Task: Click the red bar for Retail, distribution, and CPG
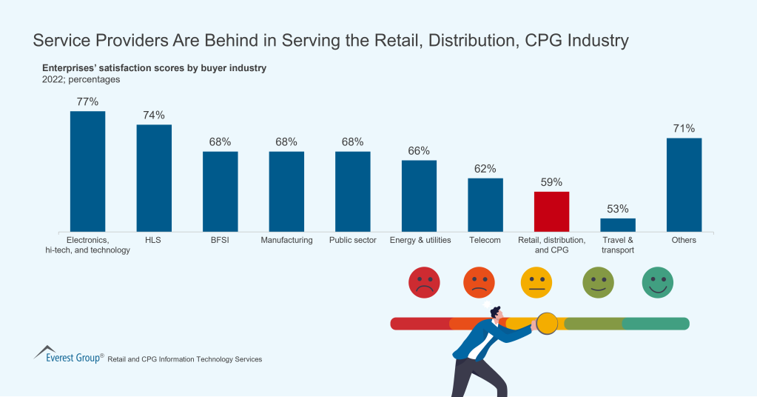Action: [551, 211]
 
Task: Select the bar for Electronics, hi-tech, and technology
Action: [87, 171]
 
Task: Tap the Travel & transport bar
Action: [617, 224]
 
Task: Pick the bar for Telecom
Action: [485, 204]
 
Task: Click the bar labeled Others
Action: [684, 184]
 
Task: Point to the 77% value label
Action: [87, 101]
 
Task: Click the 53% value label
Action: [617, 209]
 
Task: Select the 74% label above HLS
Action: [154, 115]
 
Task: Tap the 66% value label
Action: [419, 150]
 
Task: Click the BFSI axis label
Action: [221, 240]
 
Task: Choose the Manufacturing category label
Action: [286, 240]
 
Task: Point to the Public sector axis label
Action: [352, 240]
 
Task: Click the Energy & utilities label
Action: [419, 240]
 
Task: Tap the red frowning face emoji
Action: [424, 282]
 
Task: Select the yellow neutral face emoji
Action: [536, 282]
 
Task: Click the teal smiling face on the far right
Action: [657, 282]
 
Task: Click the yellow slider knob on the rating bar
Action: [547, 323]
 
